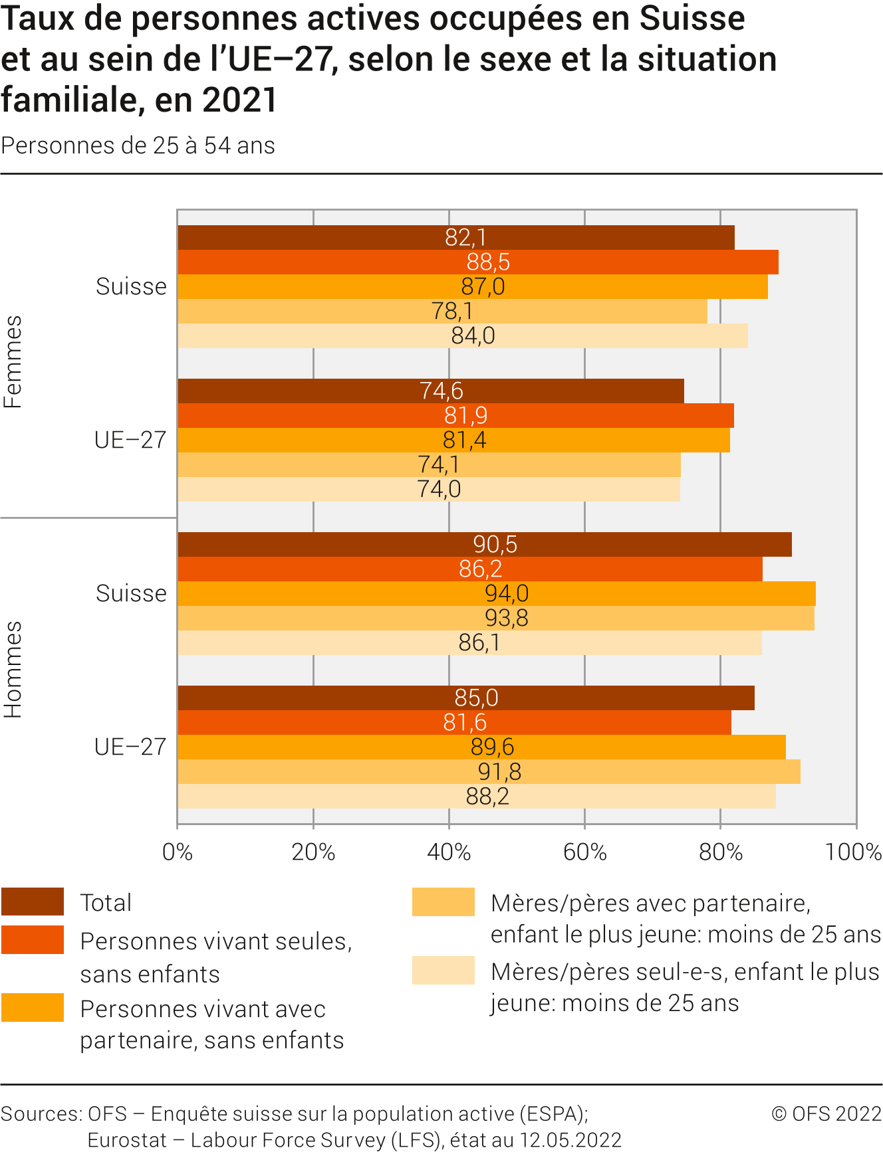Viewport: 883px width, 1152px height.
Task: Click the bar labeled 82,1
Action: [x=456, y=238]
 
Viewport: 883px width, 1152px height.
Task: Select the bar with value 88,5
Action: [x=477, y=262]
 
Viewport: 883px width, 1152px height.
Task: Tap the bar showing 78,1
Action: [x=442, y=312]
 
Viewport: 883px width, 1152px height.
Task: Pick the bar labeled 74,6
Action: [x=430, y=391]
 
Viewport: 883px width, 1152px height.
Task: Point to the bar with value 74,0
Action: [x=429, y=490]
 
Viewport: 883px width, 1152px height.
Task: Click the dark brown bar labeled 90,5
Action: [x=484, y=545]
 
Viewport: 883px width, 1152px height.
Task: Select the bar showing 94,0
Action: [x=496, y=594]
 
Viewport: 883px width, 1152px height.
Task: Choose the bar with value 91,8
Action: [x=489, y=772]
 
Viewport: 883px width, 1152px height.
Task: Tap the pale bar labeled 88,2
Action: [x=476, y=797]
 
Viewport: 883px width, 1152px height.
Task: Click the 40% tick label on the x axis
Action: [x=449, y=852]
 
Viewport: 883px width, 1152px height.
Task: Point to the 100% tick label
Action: [x=854, y=852]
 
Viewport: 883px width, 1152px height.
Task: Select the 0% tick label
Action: [x=178, y=852]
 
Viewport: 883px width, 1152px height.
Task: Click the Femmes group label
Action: [x=13, y=362]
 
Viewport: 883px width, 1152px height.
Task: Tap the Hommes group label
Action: [x=13, y=670]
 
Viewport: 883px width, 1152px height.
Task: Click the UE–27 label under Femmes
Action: [x=130, y=440]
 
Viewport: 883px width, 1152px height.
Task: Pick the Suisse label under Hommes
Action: [x=131, y=594]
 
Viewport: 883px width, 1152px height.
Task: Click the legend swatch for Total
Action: [x=33, y=902]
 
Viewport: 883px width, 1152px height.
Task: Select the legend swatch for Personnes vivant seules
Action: [x=33, y=940]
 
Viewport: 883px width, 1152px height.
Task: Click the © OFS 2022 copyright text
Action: [x=826, y=1114]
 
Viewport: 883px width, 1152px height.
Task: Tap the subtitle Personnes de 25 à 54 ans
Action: [x=138, y=146]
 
